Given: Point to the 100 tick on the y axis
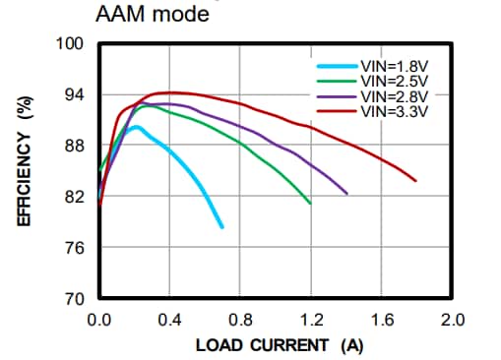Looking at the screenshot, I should (75, 44).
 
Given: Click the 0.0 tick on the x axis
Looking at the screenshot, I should (98, 321).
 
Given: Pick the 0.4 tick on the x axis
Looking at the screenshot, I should (169, 321).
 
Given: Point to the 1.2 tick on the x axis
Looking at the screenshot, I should (311, 321).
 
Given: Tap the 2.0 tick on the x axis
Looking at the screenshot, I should (452, 321).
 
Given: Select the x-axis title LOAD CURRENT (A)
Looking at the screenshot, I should (280, 345).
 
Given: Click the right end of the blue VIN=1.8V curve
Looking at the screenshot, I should (222, 227).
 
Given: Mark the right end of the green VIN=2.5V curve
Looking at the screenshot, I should (311, 204).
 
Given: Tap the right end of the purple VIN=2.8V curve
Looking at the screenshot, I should (346, 194).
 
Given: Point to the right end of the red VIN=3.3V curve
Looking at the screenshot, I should (416, 181).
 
